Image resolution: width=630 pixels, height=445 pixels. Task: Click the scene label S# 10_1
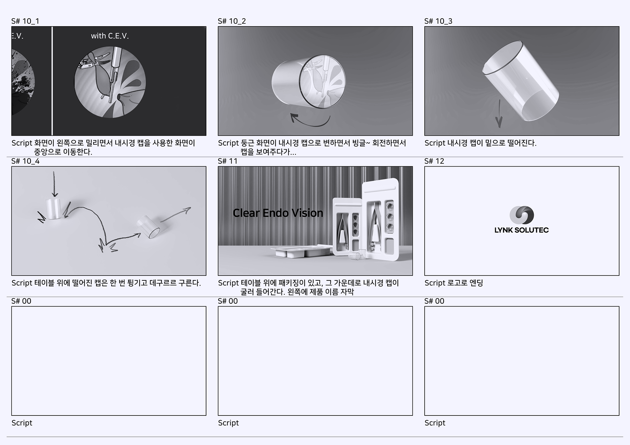tap(25, 21)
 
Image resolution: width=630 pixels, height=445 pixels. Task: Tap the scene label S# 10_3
tap(438, 21)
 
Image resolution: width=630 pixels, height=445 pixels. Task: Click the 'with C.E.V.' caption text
tap(110, 36)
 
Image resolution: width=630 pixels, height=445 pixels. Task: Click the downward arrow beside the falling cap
tap(499, 113)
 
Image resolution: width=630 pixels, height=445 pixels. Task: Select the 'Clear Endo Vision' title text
tap(278, 213)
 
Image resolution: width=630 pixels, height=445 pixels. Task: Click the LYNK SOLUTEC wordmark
tap(522, 230)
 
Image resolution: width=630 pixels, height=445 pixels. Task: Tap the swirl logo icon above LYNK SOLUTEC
tap(522, 215)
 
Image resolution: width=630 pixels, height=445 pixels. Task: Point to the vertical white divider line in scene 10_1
tap(52, 81)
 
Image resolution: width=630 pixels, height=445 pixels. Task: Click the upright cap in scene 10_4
tap(53, 208)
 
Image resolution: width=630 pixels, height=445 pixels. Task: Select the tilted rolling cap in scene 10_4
tap(149, 226)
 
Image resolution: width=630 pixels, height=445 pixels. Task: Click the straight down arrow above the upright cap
tap(54, 184)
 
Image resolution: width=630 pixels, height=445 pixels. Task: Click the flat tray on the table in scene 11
tap(301, 252)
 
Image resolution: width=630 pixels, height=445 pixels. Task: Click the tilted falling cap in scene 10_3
tap(520, 81)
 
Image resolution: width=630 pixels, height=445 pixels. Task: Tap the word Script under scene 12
tap(435, 283)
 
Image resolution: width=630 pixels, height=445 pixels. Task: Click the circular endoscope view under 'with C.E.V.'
tap(110, 82)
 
